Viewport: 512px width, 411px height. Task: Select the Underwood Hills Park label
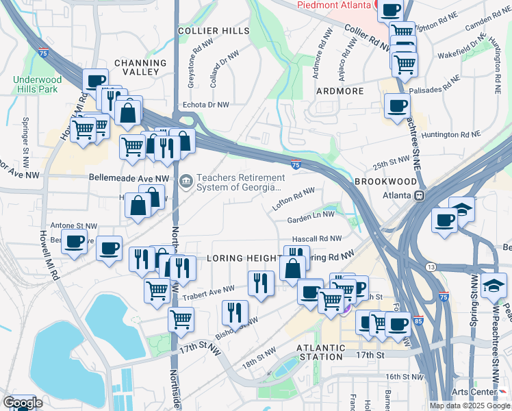[x=38, y=84]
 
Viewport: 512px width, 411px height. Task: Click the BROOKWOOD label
[x=385, y=182]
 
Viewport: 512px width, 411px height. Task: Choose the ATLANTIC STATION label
[x=320, y=352]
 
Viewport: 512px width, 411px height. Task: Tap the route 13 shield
[x=430, y=266]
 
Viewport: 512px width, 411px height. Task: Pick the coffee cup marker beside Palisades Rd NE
[x=397, y=106]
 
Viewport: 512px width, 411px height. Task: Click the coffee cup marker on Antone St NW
[x=74, y=241]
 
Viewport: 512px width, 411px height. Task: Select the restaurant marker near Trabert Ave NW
[x=260, y=282]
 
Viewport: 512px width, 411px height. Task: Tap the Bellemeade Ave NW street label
[x=128, y=178]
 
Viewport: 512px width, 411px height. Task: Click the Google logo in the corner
[x=22, y=403]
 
